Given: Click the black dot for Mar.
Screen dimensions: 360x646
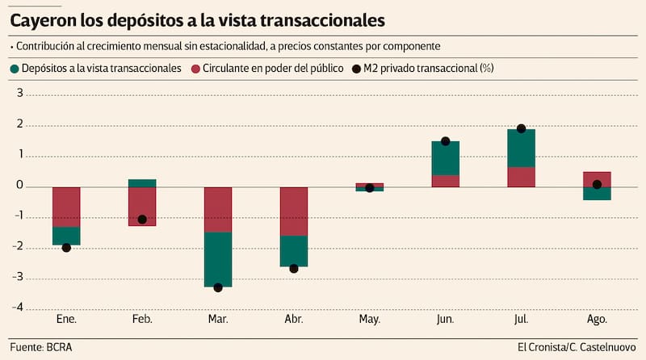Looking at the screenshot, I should click(218, 287).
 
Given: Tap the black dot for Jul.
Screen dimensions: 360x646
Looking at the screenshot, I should click(521, 129).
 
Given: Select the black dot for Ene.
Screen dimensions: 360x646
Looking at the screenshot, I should click(66, 248).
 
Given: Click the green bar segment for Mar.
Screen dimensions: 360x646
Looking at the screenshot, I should click(218, 259).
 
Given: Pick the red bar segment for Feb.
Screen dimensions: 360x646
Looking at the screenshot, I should click(142, 206).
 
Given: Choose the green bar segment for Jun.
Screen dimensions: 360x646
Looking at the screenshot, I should click(445, 158).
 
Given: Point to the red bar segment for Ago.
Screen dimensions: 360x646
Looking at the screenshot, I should click(597, 179).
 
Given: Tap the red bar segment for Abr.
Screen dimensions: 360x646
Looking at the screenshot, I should click(294, 211).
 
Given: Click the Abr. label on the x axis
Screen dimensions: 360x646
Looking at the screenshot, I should click(294, 320).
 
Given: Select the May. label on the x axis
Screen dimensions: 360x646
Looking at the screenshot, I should click(369, 320).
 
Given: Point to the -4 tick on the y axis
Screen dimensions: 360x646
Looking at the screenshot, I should click(19, 309).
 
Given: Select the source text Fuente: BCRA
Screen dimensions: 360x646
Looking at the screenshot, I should click(46, 346).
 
